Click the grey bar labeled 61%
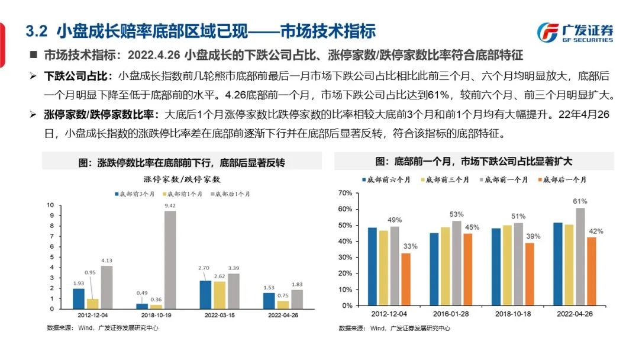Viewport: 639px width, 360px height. (580, 256)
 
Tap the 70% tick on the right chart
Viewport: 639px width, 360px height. (345, 193)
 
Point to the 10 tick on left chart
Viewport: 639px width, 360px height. (51, 205)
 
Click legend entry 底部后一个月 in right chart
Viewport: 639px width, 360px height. (563, 179)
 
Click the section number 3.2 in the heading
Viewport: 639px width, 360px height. (39, 30)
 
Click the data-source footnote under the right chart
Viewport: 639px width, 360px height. (395, 328)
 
